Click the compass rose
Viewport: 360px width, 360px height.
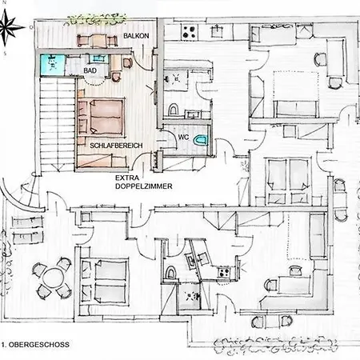tap(8, 27)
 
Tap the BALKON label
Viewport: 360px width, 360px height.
tap(136, 36)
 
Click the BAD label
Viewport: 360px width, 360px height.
tap(90, 70)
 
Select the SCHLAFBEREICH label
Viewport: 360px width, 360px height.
tap(116, 146)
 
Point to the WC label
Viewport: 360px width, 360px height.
tap(183, 138)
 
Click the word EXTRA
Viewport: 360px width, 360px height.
tap(127, 178)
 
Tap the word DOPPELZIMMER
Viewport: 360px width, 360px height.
tap(144, 186)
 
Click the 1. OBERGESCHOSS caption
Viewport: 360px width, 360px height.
tap(35, 345)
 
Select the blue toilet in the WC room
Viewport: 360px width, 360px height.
tap(201, 140)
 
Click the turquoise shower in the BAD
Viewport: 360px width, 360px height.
tap(53, 66)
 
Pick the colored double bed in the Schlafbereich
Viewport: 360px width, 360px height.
tap(102, 117)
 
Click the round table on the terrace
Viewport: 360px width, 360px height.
tap(53, 279)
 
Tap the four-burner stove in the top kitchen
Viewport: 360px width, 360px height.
tap(190, 31)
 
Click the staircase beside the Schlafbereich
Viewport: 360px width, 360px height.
tap(57, 125)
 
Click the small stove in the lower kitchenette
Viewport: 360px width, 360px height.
tap(224, 273)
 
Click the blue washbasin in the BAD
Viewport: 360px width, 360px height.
tap(98, 58)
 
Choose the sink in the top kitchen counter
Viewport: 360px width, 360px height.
tap(216, 31)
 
